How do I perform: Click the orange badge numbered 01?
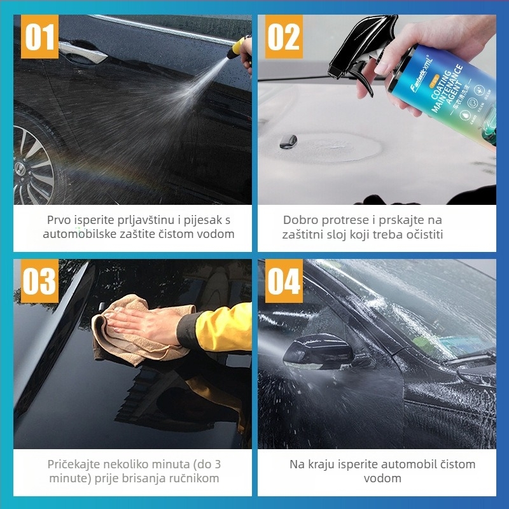[x=39, y=37]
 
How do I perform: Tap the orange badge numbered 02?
[x=283, y=37]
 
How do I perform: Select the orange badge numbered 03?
[x=39, y=281]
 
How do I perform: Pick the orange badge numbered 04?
[x=283, y=281]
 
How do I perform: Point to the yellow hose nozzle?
[x=241, y=46]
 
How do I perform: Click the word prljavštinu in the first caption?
[x=146, y=220]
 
